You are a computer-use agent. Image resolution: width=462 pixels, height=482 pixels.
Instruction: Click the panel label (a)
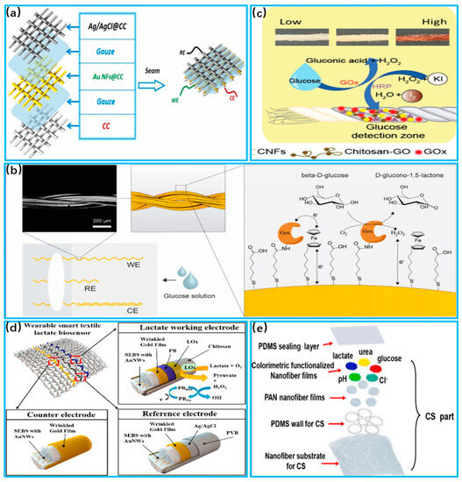click(16, 15)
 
